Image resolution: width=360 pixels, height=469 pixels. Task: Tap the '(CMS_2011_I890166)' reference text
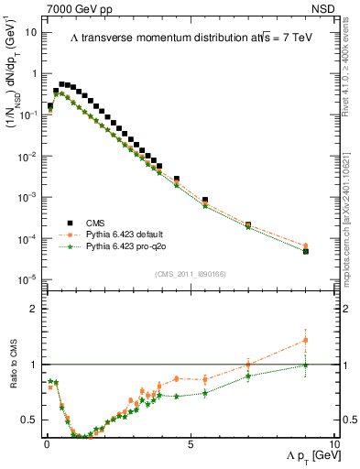(190, 272)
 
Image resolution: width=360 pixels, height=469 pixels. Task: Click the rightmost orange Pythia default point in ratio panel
(305, 341)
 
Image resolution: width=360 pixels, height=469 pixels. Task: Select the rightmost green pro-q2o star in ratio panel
(305, 365)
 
